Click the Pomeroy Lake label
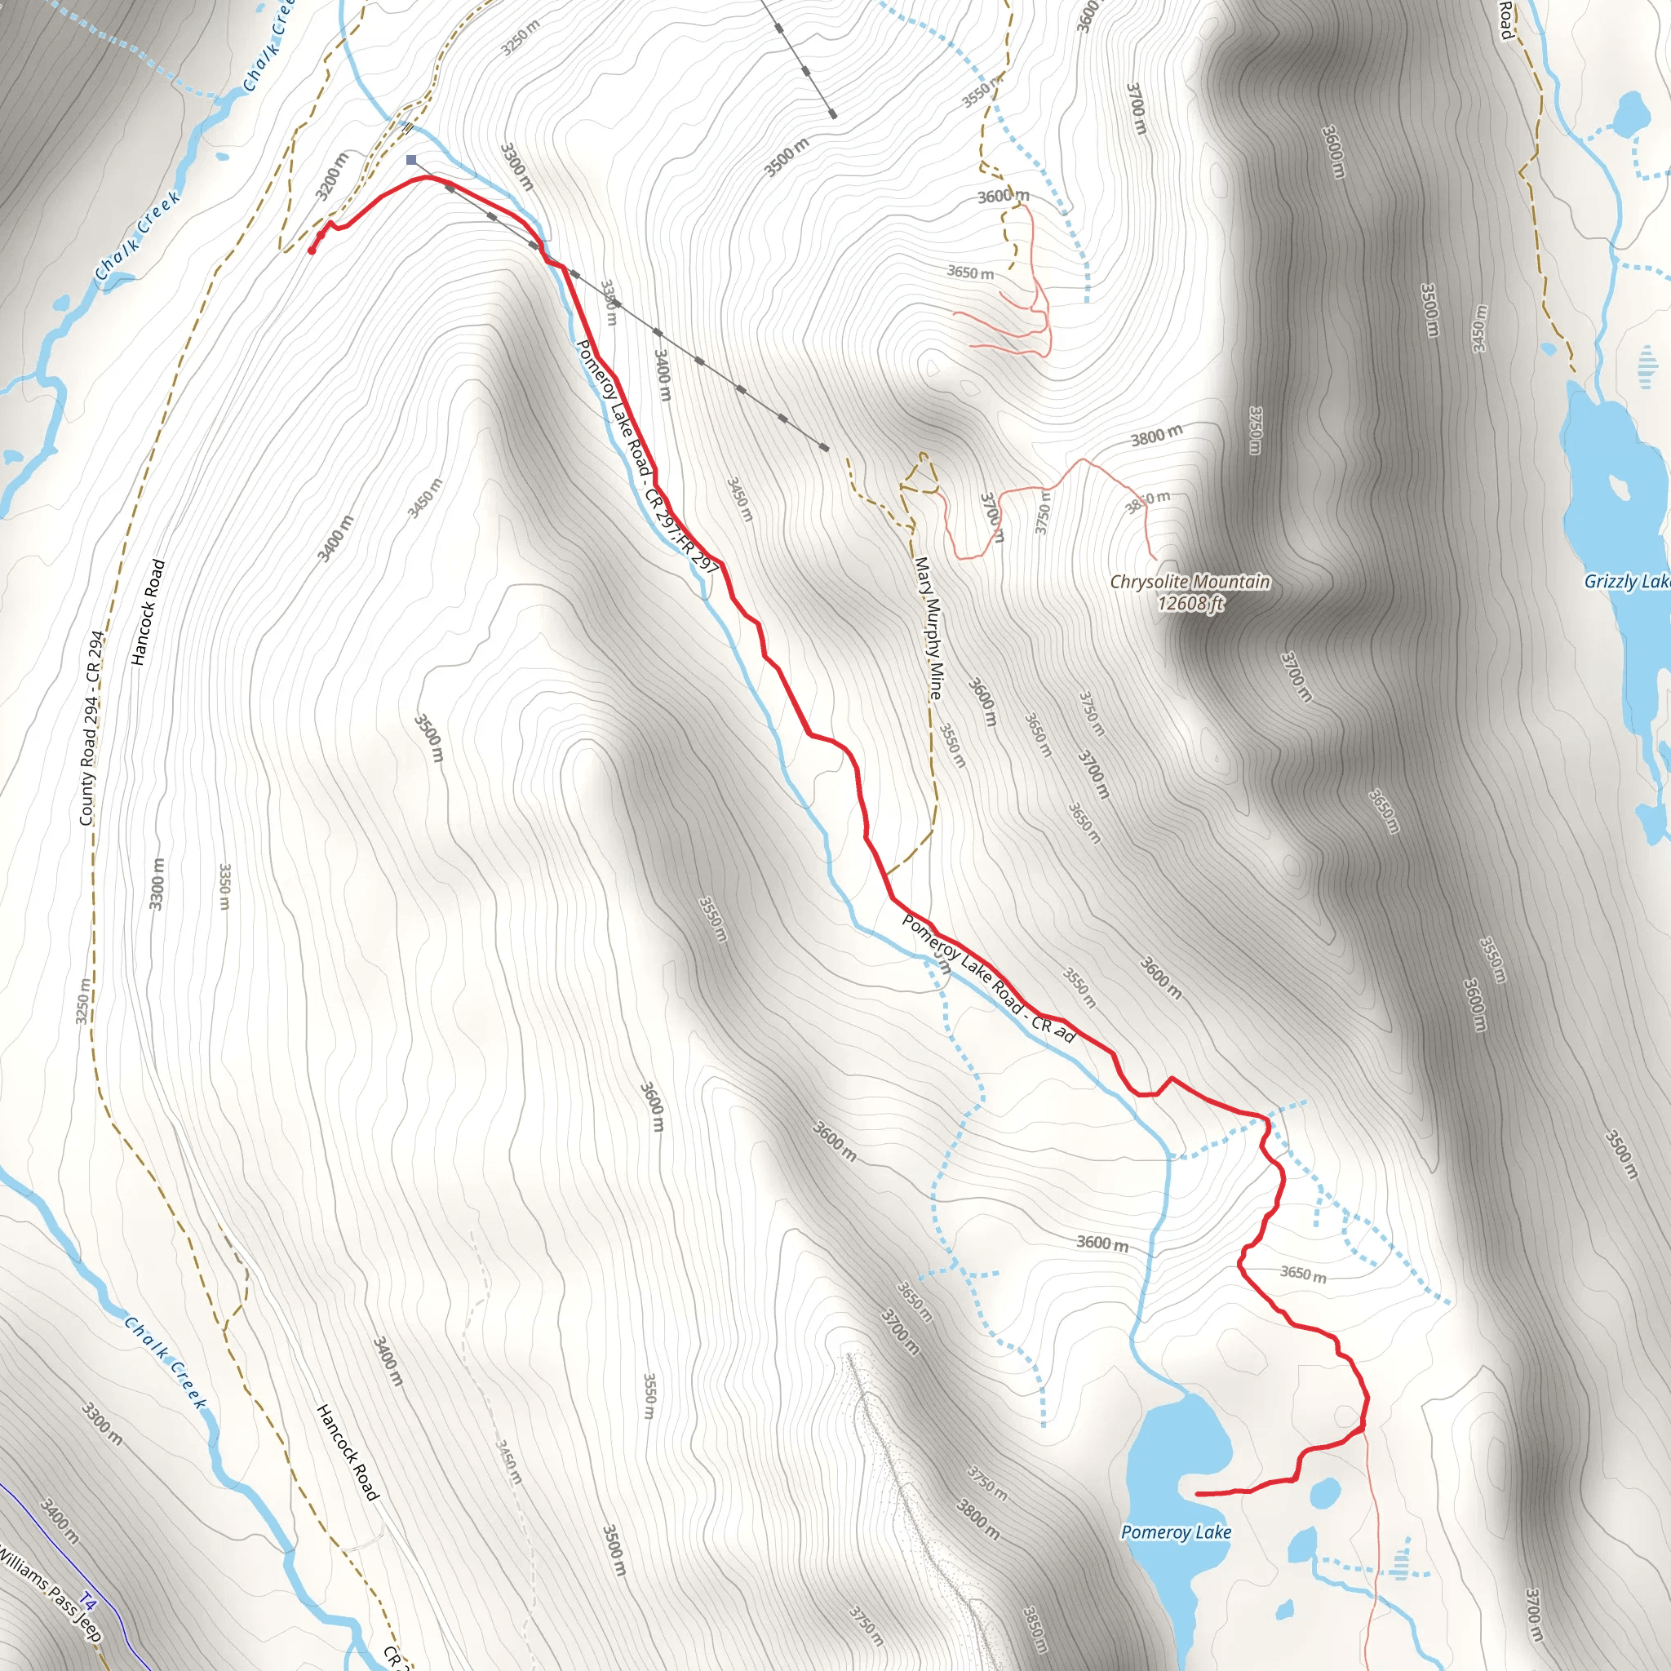point(1176,1531)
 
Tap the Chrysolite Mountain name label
point(1190,581)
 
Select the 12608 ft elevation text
point(1190,603)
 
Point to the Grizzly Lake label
point(1626,581)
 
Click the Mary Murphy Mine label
point(929,627)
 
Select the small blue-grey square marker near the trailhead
point(412,160)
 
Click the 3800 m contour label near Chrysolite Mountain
point(1155,436)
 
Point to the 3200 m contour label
point(332,175)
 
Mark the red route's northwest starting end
point(312,250)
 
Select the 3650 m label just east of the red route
point(1302,1273)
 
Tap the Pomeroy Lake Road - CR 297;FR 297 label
point(647,457)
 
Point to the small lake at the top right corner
point(1632,113)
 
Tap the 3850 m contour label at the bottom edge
point(1035,1628)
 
